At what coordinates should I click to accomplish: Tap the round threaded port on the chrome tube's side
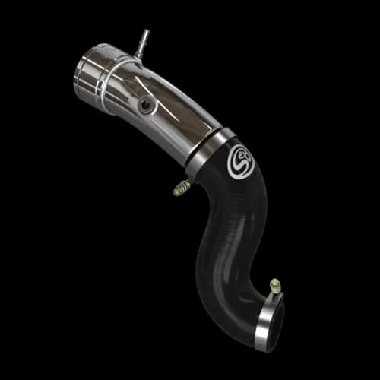(x=147, y=104)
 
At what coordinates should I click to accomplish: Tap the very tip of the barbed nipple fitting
(x=145, y=33)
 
